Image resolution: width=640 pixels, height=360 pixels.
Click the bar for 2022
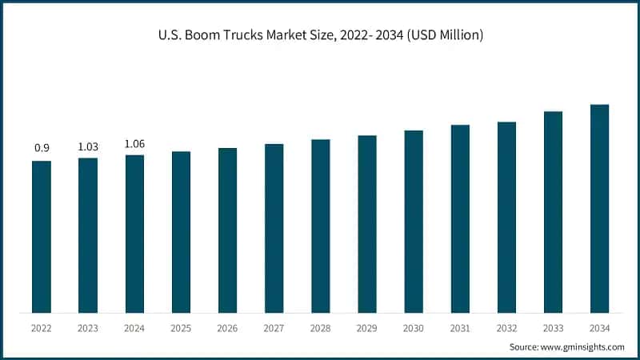(42, 237)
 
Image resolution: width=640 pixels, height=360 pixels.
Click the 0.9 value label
(42, 148)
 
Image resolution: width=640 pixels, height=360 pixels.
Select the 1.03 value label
(88, 146)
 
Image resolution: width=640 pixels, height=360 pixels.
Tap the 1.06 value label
(134, 143)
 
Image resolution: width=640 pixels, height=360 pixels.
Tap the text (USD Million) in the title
(442, 35)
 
